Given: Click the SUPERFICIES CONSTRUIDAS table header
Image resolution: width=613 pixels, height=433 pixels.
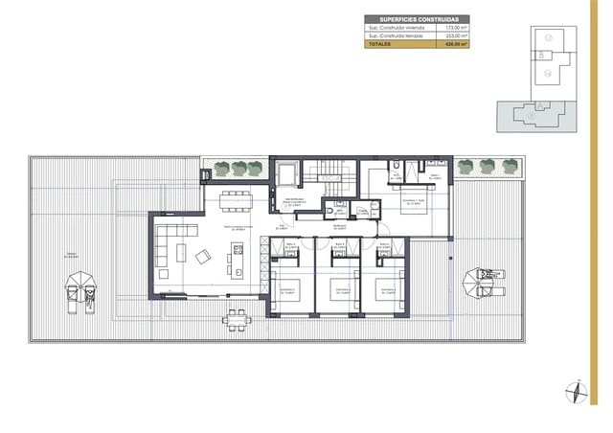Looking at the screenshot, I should click(418, 19).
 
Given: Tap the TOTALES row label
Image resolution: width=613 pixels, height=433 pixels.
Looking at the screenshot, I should click(381, 44).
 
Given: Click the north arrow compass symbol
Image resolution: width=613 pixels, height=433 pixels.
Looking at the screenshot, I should click(575, 390).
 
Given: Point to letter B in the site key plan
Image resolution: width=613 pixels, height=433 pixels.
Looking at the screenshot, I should click(542, 55).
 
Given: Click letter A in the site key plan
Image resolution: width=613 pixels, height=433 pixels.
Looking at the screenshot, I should click(541, 105).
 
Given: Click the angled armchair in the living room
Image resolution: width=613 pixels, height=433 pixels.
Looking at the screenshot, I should click(204, 256).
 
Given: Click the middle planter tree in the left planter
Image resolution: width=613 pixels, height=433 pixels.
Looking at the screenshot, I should click(238, 169).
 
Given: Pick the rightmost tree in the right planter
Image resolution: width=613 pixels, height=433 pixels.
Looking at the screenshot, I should click(511, 166).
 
